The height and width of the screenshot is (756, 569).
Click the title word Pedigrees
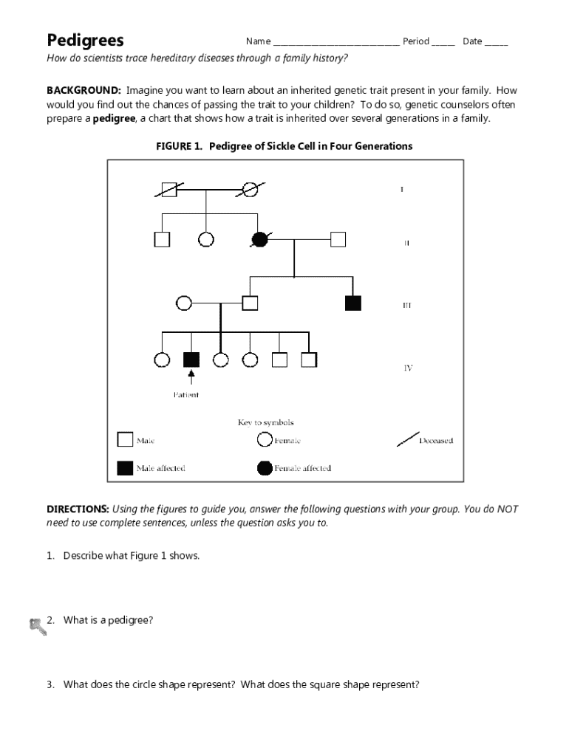(x=86, y=40)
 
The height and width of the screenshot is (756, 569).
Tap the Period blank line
(x=443, y=43)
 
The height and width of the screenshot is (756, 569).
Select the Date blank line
(x=496, y=43)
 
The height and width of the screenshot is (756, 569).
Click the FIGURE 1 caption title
(x=284, y=146)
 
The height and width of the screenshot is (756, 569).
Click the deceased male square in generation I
(x=168, y=190)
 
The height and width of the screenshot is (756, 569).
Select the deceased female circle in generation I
(x=251, y=190)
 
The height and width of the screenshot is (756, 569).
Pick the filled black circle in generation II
(x=259, y=238)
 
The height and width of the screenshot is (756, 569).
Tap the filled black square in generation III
(x=353, y=302)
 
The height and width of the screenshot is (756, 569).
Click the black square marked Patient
(x=191, y=360)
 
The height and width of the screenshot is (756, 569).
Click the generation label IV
(x=407, y=368)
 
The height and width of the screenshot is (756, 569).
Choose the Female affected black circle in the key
(x=265, y=467)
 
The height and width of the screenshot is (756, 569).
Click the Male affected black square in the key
(x=124, y=467)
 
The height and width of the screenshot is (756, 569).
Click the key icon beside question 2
(x=37, y=625)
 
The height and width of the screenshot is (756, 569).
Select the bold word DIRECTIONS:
(x=78, y=509)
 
